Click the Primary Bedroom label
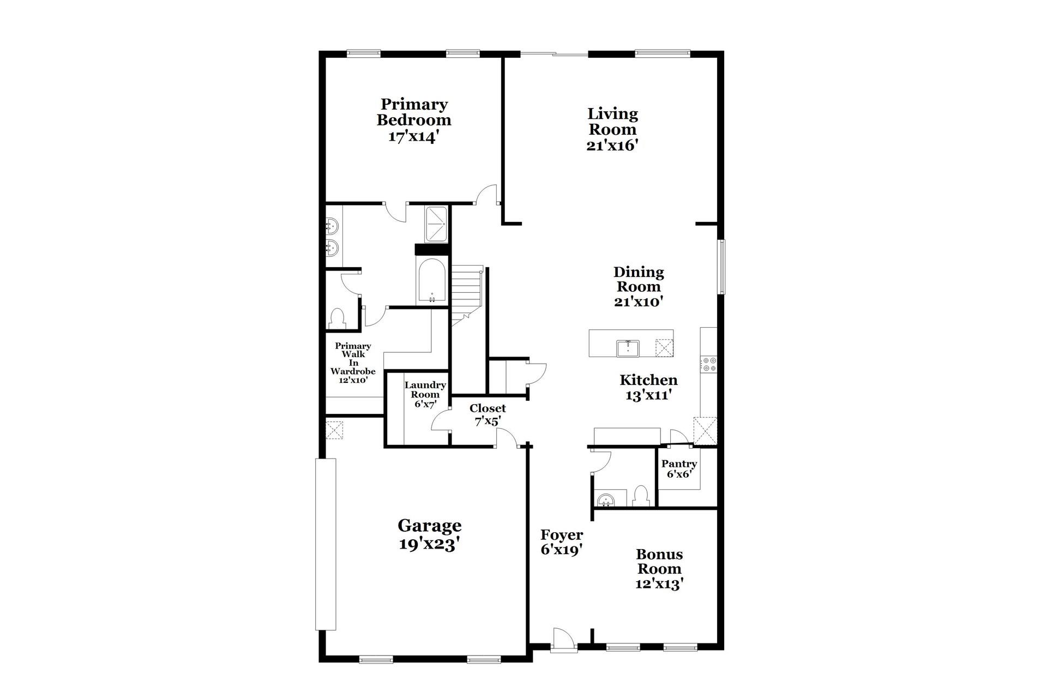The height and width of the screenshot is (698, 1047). [414, 112]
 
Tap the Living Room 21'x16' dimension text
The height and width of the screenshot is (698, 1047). [612, 146]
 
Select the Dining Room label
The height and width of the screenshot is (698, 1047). [639, 279]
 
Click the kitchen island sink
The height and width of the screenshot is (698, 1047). [628, 347]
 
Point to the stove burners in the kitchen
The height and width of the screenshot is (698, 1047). [709, 364]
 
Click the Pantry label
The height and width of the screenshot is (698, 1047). [679, 464]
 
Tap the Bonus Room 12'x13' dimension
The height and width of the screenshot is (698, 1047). [659, 583]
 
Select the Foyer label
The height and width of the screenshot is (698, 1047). [562, 534]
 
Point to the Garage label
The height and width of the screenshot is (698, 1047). [429, 526]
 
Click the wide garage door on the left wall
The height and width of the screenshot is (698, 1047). [326, 544]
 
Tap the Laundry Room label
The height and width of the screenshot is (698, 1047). [425, 389]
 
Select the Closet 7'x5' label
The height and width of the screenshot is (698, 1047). [488, 414]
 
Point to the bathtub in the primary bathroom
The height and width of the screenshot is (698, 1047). [431, 280]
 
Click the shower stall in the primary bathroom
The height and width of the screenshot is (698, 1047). [436, 224]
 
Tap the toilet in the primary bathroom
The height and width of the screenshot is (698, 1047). [338, 318]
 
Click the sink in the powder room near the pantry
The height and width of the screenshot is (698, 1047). [605, 499]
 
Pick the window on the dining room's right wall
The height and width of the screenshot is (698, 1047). [721, 267]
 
